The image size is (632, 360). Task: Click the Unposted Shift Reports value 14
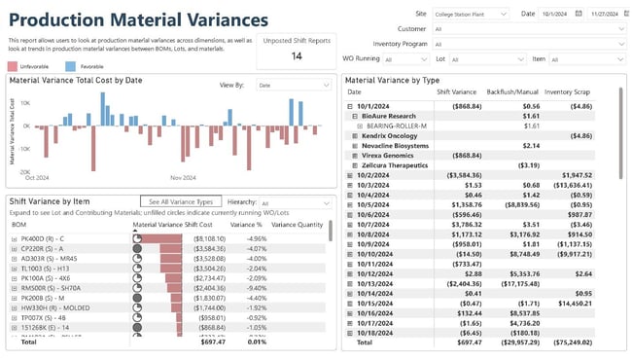(297, 56)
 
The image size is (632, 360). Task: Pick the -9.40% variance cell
(255, 289)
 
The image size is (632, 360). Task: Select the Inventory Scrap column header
(572, 92)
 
